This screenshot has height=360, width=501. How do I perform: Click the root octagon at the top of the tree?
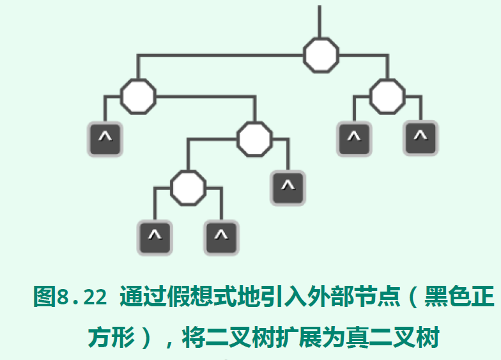click(321, 55)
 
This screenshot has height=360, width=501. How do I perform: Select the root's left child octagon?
click(138, 97)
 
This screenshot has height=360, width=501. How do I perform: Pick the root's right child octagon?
click(387, 97)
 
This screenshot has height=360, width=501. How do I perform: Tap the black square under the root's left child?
click(105, 139)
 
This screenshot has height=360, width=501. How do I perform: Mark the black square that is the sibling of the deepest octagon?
click(288, 188)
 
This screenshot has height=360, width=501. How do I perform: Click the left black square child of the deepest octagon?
click(155, 237)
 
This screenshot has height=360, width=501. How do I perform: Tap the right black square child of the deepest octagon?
click(221, 237)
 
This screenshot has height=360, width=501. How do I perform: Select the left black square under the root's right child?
click(355, 139)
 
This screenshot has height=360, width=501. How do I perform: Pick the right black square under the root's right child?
click(420, 139)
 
